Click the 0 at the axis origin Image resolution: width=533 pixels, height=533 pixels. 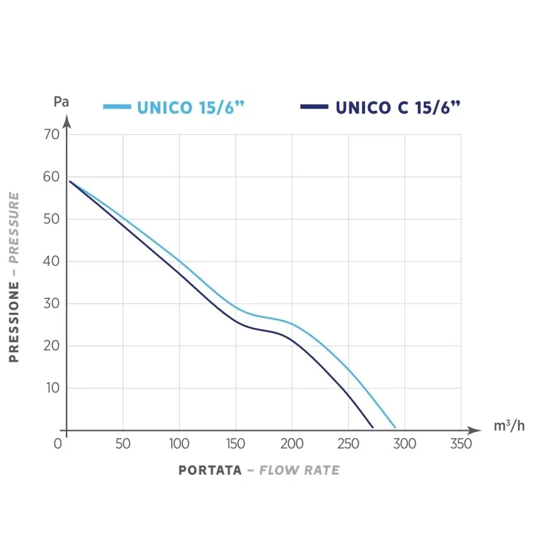tap(58, 444)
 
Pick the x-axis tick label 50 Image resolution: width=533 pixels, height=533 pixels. tap(123, 444)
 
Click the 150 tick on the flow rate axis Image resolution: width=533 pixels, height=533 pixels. tap(235, 444)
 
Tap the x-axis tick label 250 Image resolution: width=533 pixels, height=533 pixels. tap(348, 444)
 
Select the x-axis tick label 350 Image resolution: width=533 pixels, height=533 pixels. tap(461, 444)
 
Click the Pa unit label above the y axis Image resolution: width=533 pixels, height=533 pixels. tap(61, 102)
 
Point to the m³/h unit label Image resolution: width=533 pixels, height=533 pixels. tap(509, 427)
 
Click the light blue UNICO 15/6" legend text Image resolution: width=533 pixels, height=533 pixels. tap(190, 107)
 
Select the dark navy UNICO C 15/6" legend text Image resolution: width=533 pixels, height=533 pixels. tap(398, 107)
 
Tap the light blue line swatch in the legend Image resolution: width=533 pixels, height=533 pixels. tap(117, 107)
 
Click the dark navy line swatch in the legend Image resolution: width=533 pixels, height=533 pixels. tap(314, 107)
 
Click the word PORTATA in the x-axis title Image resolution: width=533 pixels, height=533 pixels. tap(210, 470)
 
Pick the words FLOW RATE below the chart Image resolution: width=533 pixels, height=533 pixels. tap(299, 470)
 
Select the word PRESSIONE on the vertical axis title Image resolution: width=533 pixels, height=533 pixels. tap(14, 321)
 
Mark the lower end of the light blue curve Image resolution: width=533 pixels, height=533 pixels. tap(395, 428)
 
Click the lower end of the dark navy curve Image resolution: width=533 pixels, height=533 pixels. tap(372, 428)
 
